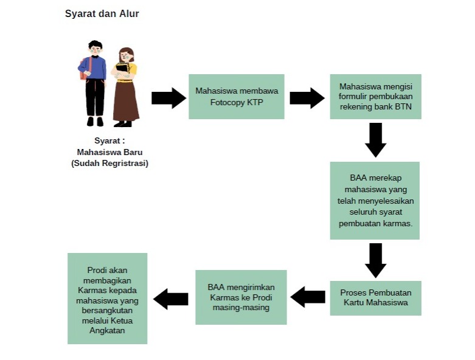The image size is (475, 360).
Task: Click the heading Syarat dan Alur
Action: [102, 13]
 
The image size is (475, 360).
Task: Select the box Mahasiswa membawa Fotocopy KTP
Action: [237, 97]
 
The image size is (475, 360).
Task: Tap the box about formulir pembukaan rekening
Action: [376, 97]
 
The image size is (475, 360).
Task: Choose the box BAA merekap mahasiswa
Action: [375, 201]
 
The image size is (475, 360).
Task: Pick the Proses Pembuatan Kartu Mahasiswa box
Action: [376, 298]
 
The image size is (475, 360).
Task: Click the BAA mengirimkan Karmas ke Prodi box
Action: [241, 297]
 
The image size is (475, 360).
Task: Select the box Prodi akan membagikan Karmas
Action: [107, 299]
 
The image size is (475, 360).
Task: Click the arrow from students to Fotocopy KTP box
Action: [168, 98]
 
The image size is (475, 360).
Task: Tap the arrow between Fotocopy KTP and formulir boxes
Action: [307, 98]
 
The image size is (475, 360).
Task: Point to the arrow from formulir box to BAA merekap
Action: [376, 140]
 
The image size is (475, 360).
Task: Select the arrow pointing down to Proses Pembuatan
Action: [376, 260]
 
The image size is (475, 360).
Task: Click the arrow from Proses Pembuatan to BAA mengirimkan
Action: [308, 297]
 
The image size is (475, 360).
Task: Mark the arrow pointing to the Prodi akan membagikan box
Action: [171, 299]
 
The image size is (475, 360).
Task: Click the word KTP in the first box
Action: [255, 102]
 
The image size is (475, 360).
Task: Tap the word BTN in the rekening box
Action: [403, 106]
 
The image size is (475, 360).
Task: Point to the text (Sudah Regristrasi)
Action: [109, 163]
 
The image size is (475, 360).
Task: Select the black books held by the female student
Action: [122, 67]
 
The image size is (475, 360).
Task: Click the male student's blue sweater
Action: [93, 67]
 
